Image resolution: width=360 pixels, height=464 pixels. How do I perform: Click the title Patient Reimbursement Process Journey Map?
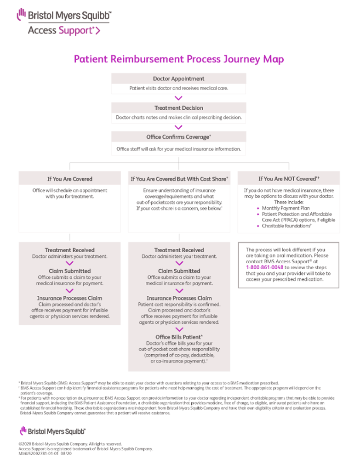click(179, 60)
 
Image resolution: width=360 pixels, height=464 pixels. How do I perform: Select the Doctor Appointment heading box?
click(179, 79)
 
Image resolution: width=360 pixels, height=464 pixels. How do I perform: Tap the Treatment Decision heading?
click(179, 108)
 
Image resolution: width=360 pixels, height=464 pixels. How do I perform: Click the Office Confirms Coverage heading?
click(179, 137)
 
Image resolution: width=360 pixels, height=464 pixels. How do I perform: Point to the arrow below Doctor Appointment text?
click(179, 97)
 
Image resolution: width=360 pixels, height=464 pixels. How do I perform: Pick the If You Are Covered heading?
click(69, 179)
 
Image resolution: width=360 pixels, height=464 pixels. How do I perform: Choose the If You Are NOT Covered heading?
click(289, 179)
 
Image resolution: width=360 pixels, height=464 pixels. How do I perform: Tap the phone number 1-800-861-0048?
click(264, 267)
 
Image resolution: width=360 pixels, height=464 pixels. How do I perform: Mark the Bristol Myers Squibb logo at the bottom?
click(53, 431)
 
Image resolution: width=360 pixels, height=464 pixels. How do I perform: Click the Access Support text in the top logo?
click(63, 31)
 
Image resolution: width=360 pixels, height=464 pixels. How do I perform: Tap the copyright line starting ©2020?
click(70, 444)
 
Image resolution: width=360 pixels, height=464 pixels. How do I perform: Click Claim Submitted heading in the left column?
click(70, 271)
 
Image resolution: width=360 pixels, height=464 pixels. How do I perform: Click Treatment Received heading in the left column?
click(70, 250)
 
